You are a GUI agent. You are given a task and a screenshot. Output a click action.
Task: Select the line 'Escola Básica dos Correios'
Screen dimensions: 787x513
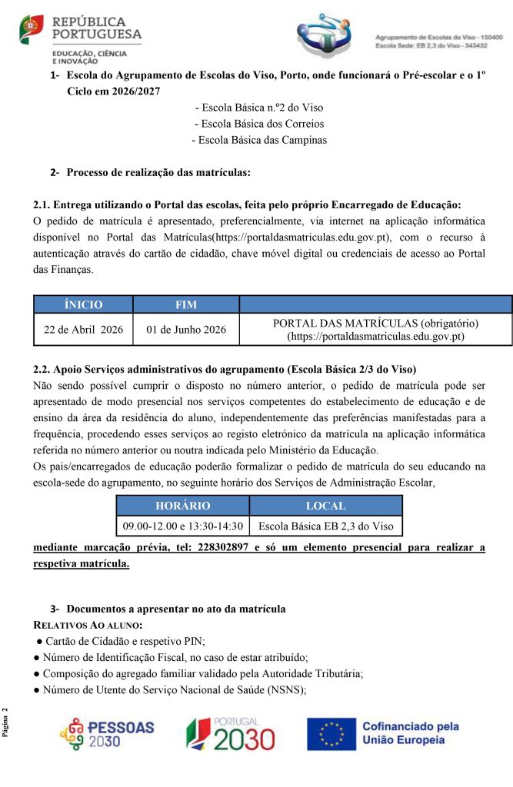click(259, 124)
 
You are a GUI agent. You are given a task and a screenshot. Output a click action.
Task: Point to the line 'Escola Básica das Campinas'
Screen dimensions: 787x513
click(259, 140)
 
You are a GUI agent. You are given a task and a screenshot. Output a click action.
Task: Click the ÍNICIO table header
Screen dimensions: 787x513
click(83, 304)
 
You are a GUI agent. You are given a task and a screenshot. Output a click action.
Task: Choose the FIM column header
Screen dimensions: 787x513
click(186, 304)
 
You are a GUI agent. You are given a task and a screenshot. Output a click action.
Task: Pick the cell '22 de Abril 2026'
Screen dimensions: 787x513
click(83, 330)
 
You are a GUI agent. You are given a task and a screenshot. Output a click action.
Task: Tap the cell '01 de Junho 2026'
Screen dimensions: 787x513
click(186, 330)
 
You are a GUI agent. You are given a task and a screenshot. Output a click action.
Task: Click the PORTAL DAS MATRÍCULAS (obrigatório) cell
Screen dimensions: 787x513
click(376, 330)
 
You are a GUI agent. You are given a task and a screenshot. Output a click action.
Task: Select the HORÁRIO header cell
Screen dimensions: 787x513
click(182, 506)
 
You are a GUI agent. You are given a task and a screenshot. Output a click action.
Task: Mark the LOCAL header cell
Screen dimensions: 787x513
click(326, 506)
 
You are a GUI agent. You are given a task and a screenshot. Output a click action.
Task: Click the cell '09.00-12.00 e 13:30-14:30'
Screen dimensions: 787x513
click(182, 526)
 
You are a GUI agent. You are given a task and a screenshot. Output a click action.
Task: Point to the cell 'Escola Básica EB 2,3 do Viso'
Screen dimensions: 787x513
click(326, 526)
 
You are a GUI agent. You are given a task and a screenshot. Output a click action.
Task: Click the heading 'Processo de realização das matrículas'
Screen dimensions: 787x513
click(158, 172)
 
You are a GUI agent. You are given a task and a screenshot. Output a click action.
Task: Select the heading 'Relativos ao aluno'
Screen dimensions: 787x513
click(88, 624)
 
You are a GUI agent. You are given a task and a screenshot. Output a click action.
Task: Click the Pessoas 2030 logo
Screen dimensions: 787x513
click(107, 735)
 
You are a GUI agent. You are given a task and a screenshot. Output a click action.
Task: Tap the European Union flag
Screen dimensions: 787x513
click(331, 734)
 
